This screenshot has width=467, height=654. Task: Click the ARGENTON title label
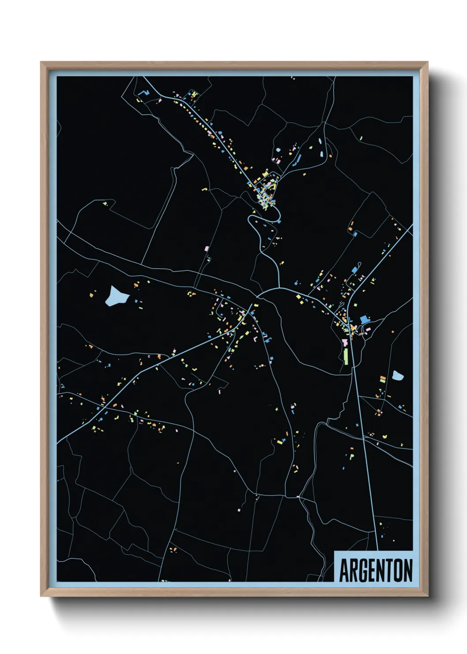point(376,570)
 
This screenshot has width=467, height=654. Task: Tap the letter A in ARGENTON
point(343,570)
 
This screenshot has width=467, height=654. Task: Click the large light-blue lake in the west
point(116,296)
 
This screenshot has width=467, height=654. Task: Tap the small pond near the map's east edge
point(398,376)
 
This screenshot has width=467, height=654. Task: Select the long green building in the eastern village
point(346,356)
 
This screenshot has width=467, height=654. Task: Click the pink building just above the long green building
point(344,342)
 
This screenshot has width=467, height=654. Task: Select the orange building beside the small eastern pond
point(383,379)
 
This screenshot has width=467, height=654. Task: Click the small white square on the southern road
point(298,497)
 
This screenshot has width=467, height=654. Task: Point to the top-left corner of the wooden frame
point(41,62)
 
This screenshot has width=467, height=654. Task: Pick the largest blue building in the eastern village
point(364,319)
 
